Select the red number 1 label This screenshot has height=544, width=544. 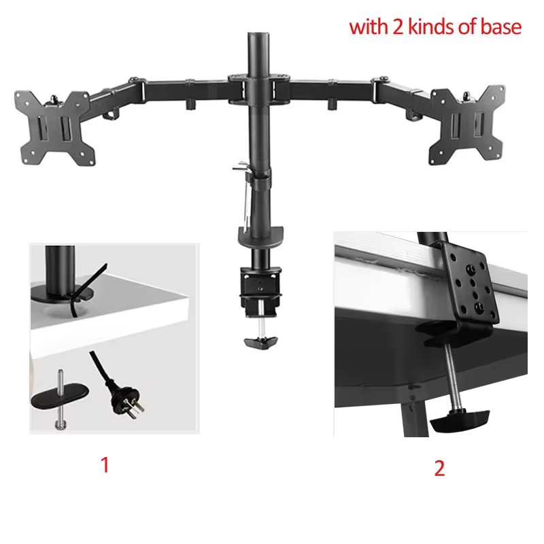click(105, 466)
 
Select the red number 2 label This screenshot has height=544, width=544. click(439, 469)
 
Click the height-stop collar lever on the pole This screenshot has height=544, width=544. click(241, 166)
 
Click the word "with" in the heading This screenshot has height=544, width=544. click(367, 27)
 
